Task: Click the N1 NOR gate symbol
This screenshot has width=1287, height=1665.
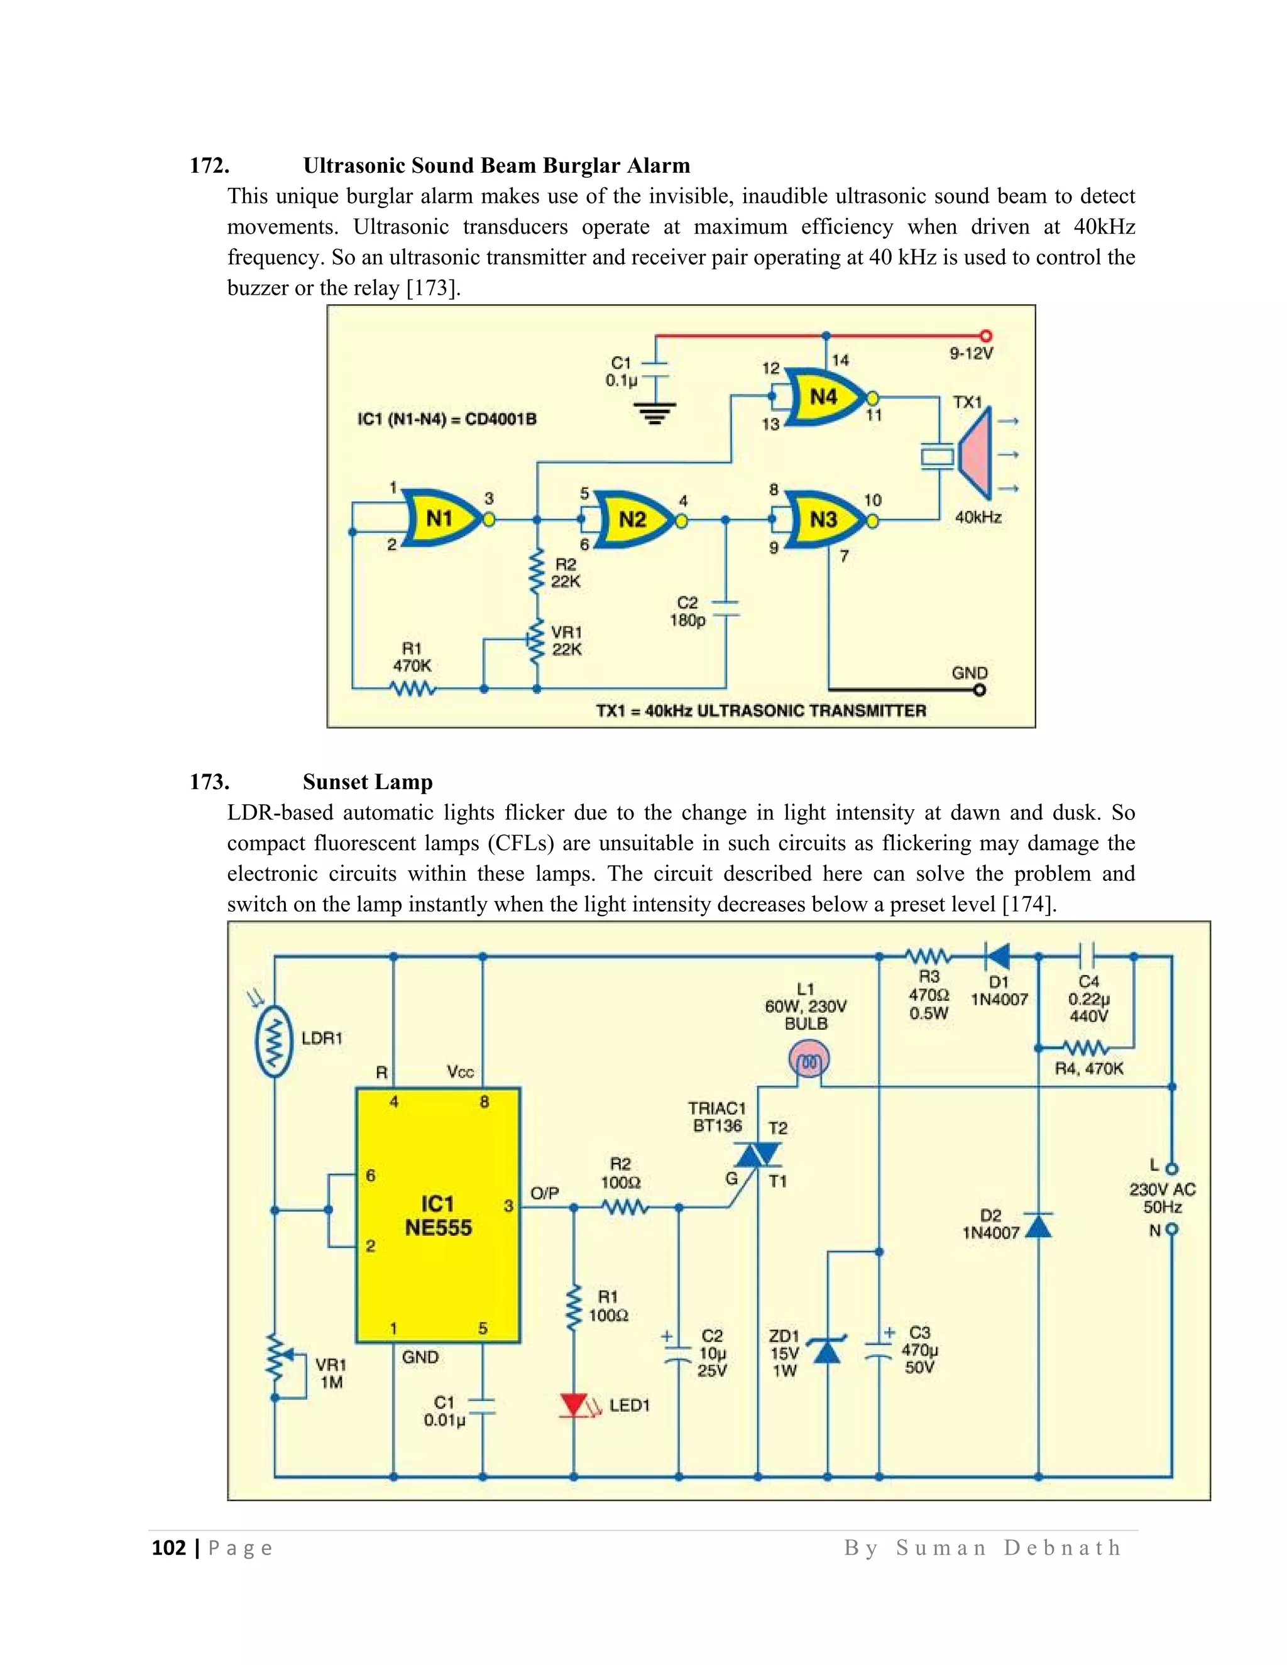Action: pos(441,519)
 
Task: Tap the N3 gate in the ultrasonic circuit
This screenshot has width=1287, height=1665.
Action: pos(823,521)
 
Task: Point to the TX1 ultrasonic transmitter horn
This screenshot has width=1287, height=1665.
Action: pos(975,455)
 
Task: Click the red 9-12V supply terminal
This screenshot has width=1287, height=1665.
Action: pos(986,336)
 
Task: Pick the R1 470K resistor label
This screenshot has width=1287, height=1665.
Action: pos(412,657)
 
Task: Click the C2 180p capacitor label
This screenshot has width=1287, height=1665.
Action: pos(687,611)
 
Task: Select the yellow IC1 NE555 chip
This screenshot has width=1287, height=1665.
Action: pos(439,1215)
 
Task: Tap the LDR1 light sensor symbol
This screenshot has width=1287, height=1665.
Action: pos(275,1040)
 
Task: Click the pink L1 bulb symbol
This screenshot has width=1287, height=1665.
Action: pos(808,1061)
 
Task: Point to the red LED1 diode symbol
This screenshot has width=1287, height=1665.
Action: pos(573,1405)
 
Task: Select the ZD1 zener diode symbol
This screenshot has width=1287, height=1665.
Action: pos(827,1351)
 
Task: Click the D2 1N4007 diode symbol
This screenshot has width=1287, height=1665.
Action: pos(1038,1225)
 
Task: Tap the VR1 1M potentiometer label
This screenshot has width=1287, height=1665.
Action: pos(331,1373)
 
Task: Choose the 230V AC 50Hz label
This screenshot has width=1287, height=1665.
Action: pos(1162,1198)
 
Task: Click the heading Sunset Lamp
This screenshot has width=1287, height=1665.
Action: pos(368,782)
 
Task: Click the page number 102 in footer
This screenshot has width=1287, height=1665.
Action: pos(168,1548)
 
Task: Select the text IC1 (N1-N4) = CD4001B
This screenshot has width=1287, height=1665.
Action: pos(447,419)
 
